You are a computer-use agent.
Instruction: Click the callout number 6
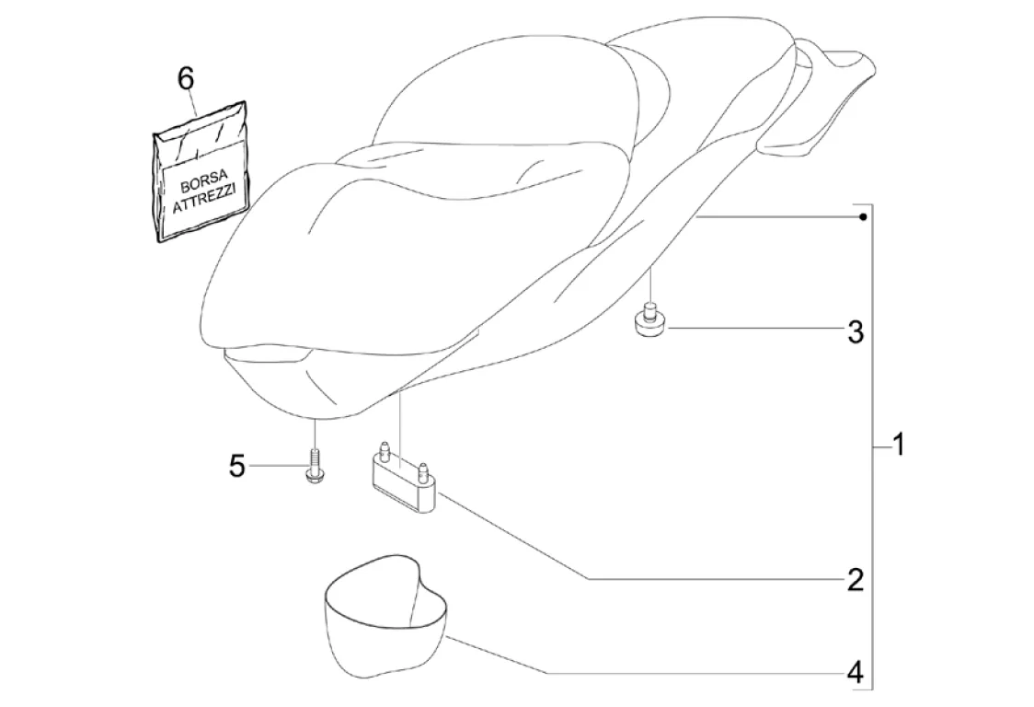coord(186,80)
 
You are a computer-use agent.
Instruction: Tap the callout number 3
coord(855,332)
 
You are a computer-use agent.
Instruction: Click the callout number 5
coord(237,467)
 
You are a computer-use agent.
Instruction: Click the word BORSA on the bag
coord(201,177)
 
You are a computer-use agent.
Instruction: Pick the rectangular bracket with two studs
coord(403,481)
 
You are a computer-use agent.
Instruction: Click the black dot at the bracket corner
coord(862,217)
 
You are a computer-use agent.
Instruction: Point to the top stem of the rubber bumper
coord(650,307)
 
